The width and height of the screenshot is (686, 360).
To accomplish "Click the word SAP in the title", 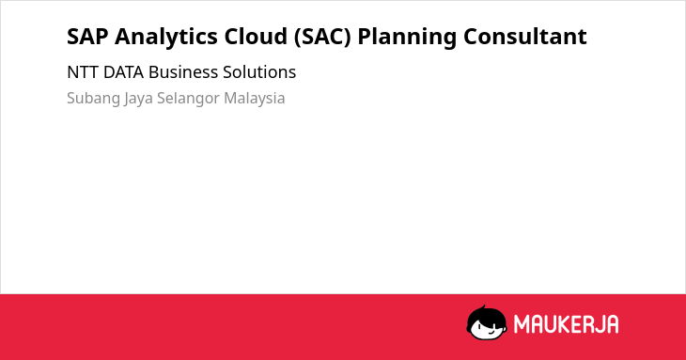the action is coord(87,37).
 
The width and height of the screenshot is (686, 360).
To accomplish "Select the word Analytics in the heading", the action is coord(165,38).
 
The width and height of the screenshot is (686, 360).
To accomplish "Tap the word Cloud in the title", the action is coord(256,36).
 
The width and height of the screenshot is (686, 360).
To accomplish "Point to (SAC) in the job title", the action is coord(322,37).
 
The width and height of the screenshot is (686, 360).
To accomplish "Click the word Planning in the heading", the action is coord(407,38).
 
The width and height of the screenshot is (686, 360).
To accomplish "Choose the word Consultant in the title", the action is coord(525,36).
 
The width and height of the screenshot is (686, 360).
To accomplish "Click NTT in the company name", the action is coord(83,72).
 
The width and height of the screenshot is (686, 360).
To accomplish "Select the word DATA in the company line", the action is coord(123,72).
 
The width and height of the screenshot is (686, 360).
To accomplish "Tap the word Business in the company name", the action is coord(183,72).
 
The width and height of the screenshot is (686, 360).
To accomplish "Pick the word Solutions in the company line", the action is coord(259,72).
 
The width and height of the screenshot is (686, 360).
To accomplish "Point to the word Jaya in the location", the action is coord(138,99).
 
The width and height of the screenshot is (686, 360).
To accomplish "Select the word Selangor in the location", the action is coord(188,99).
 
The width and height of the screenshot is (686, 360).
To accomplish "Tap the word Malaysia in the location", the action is coord(254,99).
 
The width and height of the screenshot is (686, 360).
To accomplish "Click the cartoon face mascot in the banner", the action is coord(487,322).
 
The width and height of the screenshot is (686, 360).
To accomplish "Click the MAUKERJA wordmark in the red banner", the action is coord(566,324).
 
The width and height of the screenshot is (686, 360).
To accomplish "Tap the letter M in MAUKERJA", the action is coord(522,324).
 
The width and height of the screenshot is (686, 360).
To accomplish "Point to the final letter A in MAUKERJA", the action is coord(612,324).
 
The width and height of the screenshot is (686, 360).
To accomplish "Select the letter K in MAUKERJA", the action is coord(563,324).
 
